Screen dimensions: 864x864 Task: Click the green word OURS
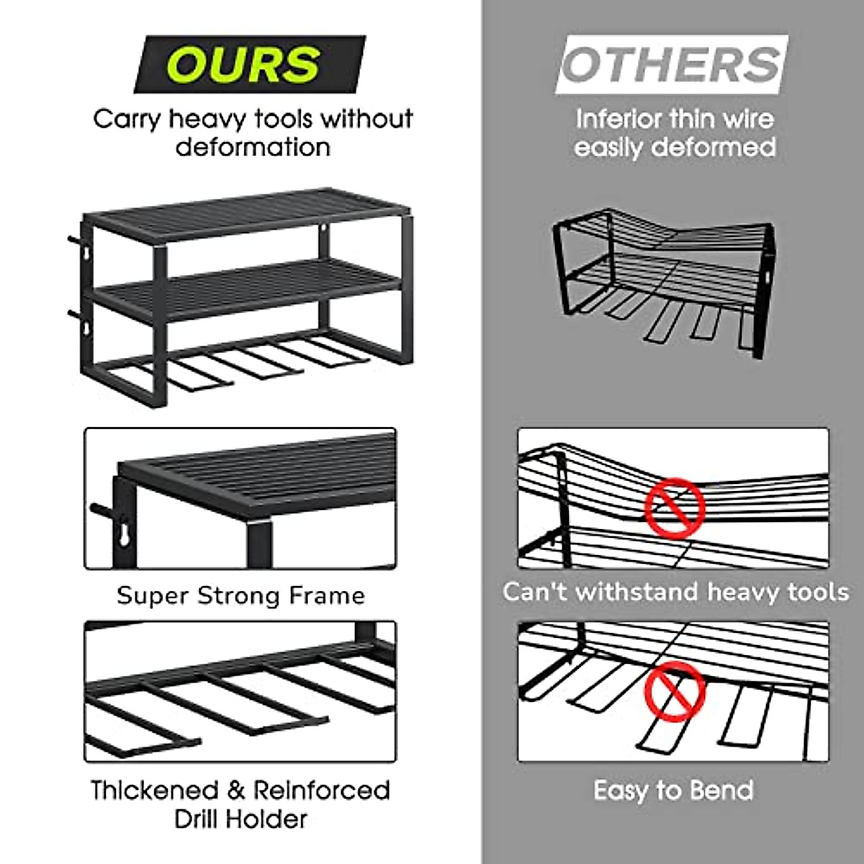[245, 64]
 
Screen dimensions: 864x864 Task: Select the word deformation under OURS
[253, 148]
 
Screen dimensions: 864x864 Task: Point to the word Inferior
[618, 119]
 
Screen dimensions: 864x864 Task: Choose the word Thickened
[154, 790]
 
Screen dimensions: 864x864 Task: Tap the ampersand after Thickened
[237, 791]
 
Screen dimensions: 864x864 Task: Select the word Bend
[721, 791]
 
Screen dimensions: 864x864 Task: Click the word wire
[747, 119]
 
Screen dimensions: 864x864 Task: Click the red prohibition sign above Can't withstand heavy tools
[674, 503]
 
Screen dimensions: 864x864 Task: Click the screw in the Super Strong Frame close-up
[102, 510]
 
